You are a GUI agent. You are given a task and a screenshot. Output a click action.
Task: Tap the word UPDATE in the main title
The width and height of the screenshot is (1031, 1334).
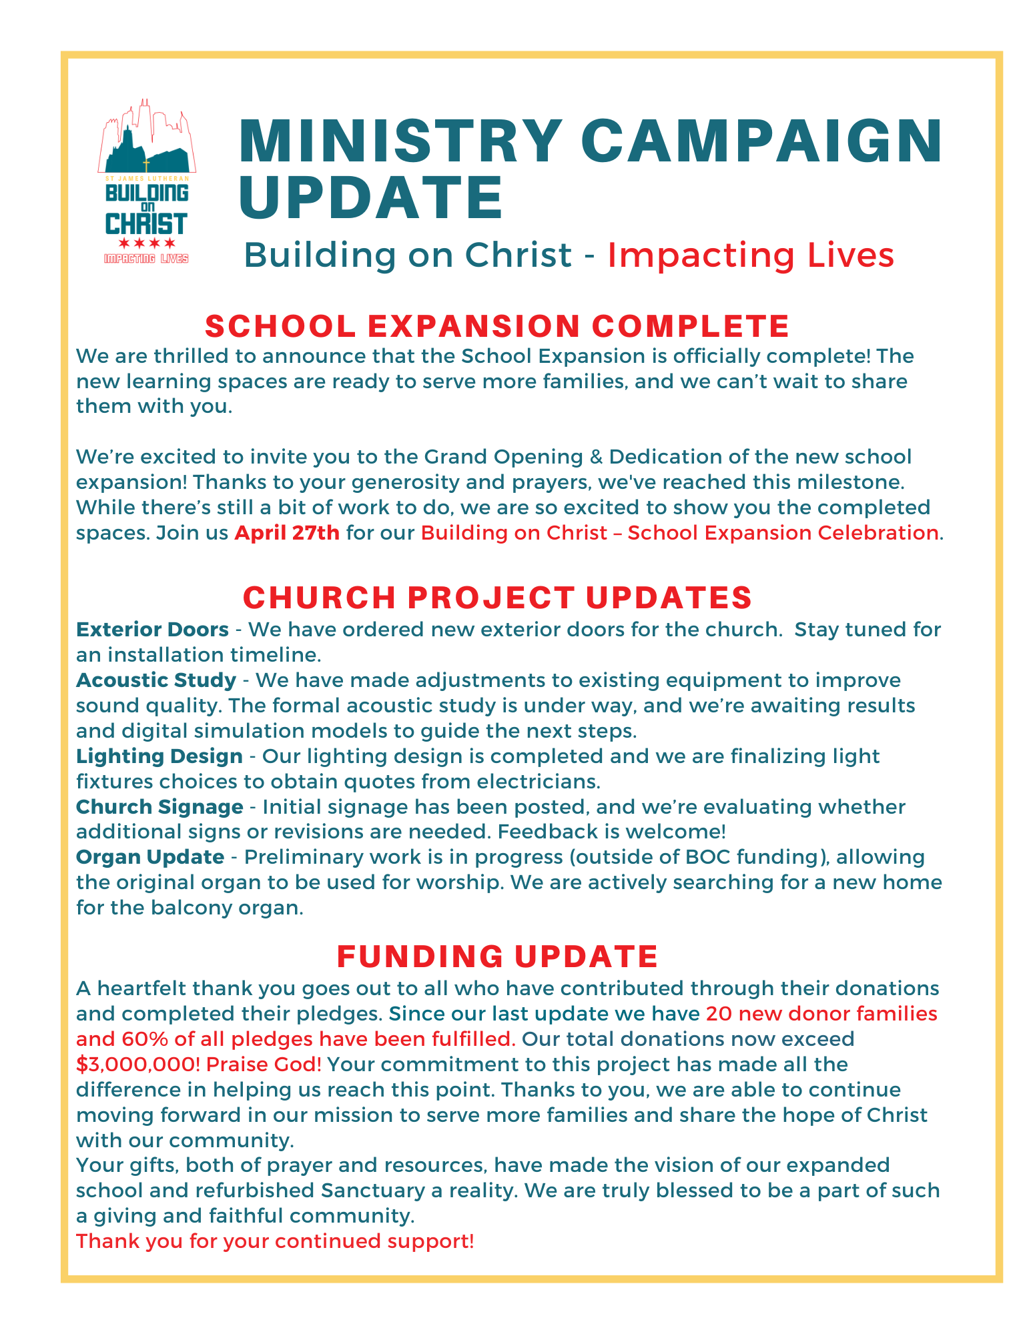click(x=371, y=197)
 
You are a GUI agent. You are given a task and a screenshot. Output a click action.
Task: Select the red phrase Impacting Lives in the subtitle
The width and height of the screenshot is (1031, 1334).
click(x=750, y=255)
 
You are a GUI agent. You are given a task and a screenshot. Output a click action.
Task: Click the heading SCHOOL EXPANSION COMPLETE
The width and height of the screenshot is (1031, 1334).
click(x=497, y=326)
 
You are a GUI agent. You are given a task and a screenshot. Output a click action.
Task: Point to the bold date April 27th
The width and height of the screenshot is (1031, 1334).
click(x=287, y=533)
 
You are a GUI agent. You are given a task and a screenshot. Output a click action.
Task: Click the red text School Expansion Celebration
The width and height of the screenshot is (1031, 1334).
click(x=783, y=533)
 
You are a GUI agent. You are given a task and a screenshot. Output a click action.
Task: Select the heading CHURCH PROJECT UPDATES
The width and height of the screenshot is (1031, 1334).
click(x=497, y=597)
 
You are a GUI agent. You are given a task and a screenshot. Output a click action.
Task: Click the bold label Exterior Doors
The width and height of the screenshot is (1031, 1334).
click(x=152, y=630)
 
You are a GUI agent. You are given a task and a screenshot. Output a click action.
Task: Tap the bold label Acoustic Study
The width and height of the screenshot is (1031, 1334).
click(x=156, y=680)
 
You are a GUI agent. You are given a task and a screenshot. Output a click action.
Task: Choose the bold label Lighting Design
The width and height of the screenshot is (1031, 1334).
click(x=159, y=756)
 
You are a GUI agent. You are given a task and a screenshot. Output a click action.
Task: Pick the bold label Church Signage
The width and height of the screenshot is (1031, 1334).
click(x=159, y=807)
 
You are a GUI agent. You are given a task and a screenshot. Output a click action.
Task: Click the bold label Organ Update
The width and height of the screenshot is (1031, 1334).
click(x=150, y=857)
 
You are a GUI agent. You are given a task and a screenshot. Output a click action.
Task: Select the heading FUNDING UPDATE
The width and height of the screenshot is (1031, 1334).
click(x=497, y=956)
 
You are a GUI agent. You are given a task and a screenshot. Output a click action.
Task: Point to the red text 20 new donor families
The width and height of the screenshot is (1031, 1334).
click(x=821, y=1014)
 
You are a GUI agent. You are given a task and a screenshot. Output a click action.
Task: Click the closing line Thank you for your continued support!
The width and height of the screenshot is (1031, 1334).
click(x=275, y=1241)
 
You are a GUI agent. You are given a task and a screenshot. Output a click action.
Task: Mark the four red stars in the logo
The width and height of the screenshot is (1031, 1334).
click(x=147, y=243)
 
